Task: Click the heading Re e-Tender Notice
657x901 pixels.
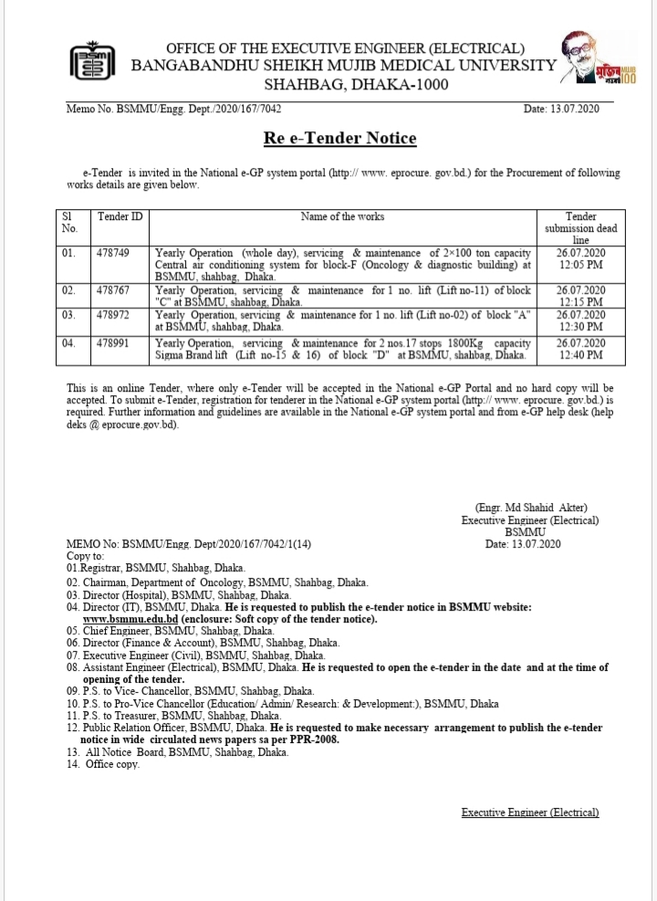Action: (x=342, y=139)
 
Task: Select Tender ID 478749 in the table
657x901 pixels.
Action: (x=113, y=252)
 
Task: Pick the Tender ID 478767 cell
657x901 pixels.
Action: (x=113, y=290)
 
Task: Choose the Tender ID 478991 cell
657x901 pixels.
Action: (x=113, y=343)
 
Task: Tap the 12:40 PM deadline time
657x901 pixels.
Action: (x=580, y=355)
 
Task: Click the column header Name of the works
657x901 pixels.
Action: (x=342, y=217)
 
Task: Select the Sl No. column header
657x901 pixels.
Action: (x=68, y=223)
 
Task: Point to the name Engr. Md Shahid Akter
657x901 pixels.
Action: (x=531, y=508)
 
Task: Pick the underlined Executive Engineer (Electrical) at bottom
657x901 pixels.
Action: (x=530, y=812)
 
